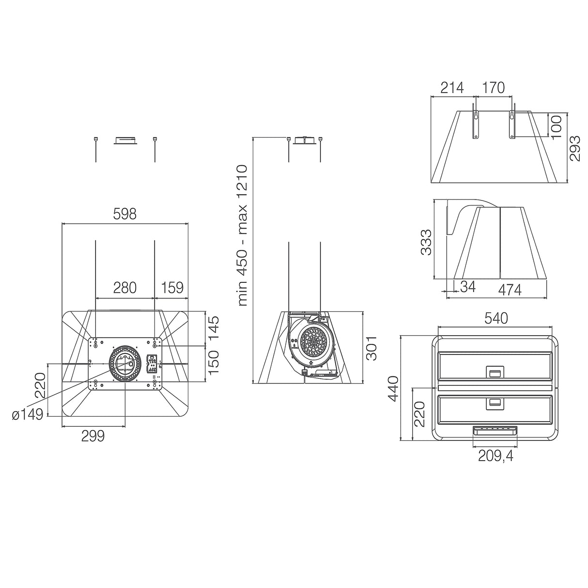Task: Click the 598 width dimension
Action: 125,215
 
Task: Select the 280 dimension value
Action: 125,288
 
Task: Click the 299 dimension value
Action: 93,436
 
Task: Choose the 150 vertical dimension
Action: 213,362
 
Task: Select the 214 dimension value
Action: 452,88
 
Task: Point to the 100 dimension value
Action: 557,126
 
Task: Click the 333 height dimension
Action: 426,242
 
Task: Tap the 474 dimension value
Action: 510,290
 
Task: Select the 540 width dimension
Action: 496,318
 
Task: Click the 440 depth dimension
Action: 393,388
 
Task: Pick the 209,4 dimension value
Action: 495,456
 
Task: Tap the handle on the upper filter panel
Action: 495,373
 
